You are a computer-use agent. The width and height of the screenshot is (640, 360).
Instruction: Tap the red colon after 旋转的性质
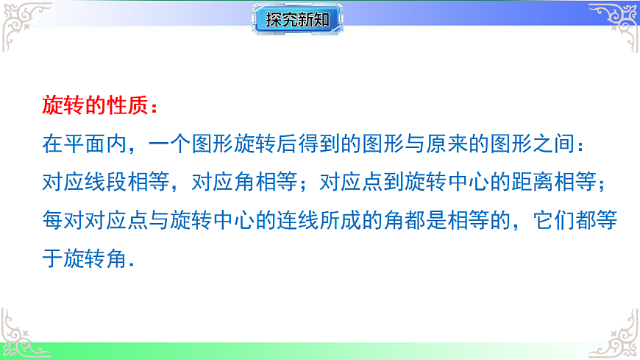click(153, 107)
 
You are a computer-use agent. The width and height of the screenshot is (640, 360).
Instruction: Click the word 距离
click(538, 183)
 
